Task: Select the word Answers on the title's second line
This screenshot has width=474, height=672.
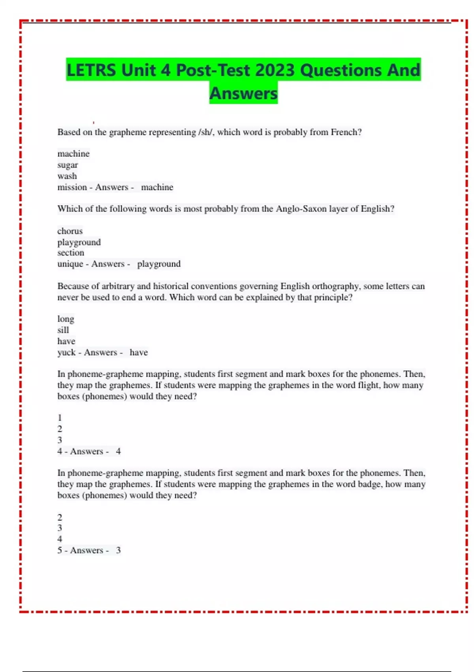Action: pos(243,94)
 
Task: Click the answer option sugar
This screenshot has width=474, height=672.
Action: pos(68,165)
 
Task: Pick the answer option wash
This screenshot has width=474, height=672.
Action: pos(67,176)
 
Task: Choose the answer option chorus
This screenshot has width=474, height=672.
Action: pos(70,231)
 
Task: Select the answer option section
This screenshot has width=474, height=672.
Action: pos(71,253)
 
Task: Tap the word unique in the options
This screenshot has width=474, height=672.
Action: pos(70,264)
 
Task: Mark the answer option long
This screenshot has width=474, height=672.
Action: pos(66,319)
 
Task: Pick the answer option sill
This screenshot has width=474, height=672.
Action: pos(63,330)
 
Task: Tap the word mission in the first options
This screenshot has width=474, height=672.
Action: pos(72,187)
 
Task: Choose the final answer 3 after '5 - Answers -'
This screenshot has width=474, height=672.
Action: pos(118,550)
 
